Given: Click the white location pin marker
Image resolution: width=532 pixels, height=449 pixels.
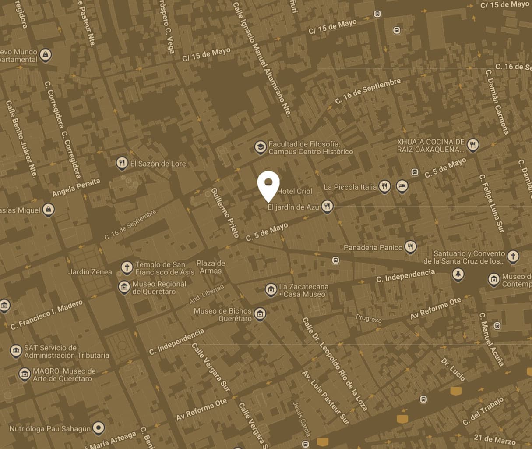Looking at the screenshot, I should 268,185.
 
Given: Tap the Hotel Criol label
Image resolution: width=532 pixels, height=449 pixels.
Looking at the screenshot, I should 295,191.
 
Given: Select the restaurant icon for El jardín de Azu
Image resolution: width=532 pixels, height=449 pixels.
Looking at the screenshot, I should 327,206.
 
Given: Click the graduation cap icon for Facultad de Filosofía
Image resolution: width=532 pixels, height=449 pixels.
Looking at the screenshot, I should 260,147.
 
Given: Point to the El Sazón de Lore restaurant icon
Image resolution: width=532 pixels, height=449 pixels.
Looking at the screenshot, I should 122,164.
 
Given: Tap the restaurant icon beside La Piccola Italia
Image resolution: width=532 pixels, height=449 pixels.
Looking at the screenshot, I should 384,186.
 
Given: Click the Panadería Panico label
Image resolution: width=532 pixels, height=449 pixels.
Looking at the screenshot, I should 373,248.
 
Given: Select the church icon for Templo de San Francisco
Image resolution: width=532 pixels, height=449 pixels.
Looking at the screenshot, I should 127,267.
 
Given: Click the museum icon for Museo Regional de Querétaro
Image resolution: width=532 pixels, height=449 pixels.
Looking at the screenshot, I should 124,287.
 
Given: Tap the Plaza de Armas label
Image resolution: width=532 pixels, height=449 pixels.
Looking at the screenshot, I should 211,267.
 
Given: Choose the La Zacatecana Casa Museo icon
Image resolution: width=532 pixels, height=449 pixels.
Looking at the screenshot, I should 271,289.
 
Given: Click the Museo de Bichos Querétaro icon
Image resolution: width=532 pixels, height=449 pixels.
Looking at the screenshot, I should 260,314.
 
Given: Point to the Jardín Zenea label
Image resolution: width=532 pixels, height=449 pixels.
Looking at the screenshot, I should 90,272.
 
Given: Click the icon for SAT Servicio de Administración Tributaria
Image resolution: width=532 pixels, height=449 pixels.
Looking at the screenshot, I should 16,351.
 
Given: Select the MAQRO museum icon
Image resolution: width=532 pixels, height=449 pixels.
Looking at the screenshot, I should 25,374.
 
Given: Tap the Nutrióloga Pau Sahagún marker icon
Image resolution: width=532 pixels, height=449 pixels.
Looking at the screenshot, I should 99,428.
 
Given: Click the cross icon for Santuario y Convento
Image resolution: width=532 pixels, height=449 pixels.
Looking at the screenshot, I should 513,256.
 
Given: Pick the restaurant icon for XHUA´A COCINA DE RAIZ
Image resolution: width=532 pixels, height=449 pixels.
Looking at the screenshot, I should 472,145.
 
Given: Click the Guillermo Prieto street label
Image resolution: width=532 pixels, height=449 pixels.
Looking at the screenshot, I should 224,212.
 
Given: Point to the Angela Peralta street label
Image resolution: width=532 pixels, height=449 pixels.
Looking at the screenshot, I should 76,188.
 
